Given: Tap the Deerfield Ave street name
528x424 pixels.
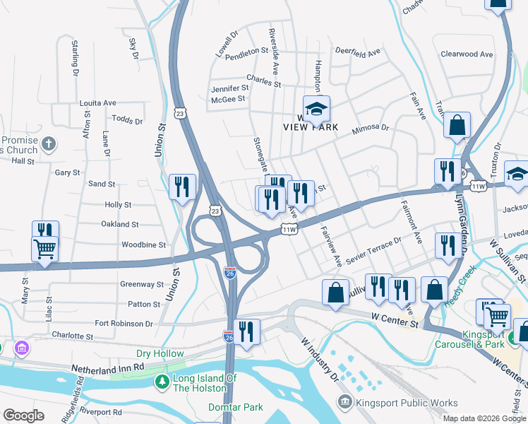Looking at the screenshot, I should coord(357,52).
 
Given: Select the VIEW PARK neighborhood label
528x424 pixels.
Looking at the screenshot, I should coord(311,128).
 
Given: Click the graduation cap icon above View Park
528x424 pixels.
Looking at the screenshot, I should coord(317,108).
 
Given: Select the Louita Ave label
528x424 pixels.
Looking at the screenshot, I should coord(97,102).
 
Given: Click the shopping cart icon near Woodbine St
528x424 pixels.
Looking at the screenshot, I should coord(44,249).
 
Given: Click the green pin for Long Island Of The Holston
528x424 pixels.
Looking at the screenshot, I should coord(162,382).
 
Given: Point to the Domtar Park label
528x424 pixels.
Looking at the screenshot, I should coord(235,407).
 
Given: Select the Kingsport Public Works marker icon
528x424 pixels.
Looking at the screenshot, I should coord(345,402).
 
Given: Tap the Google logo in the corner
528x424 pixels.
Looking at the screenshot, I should coord(23,416).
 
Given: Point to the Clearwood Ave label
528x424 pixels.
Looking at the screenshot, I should coord(466,54).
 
